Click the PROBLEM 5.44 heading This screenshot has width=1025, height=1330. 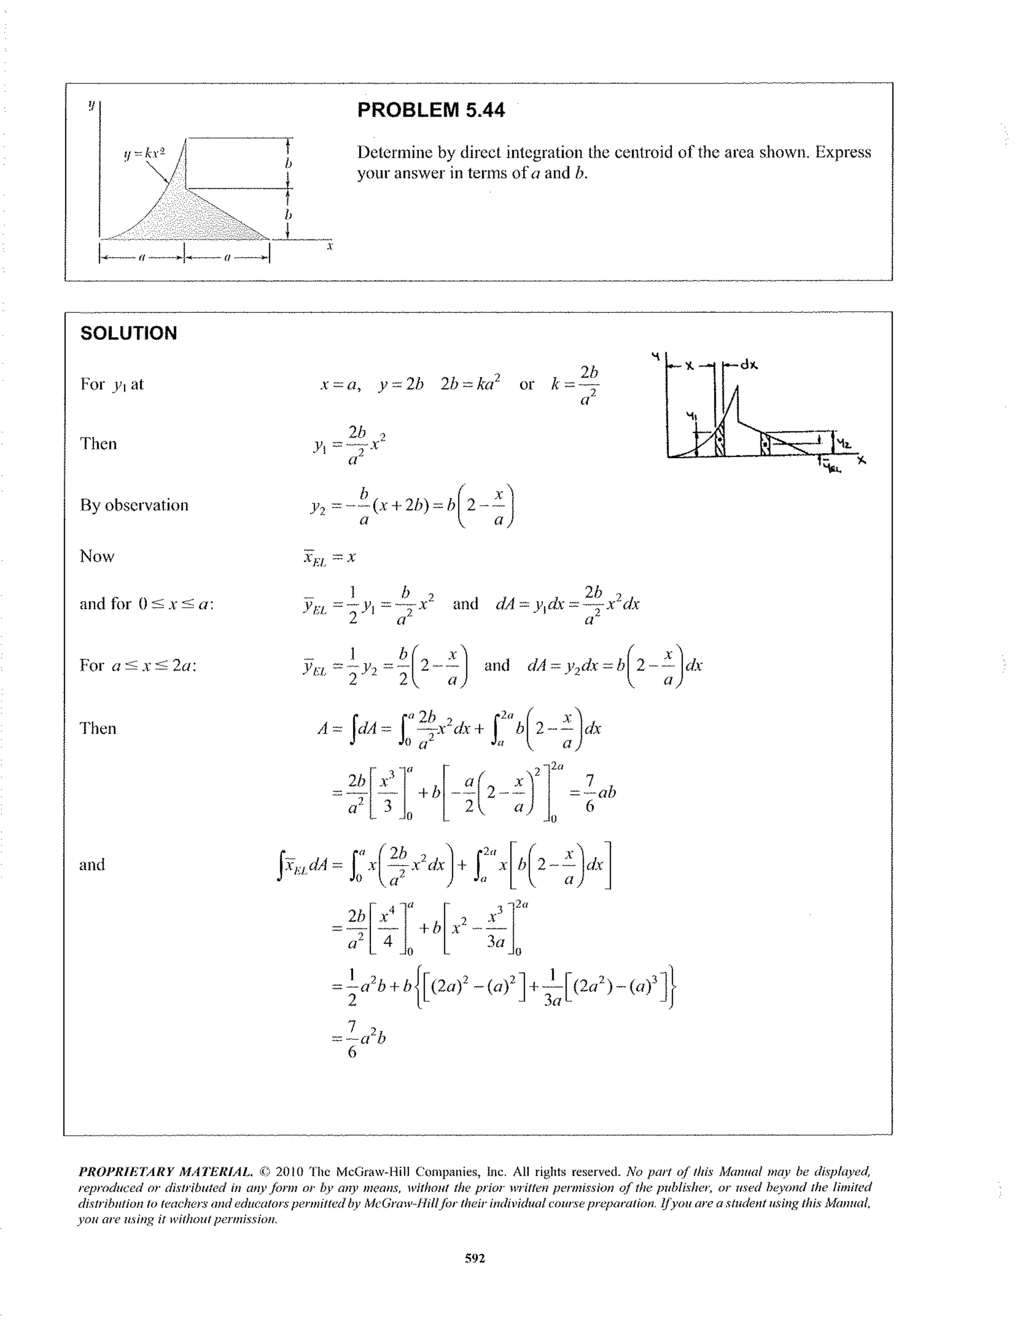click(430, 110)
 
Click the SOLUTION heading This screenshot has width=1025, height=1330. click(129, 333)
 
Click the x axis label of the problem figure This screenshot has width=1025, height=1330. click(329, 247)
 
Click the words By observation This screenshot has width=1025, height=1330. click(134, 505)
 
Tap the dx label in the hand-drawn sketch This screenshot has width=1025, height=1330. click(749, 365)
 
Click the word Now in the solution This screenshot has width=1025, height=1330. click(97, 556)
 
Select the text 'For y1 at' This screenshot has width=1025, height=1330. click(112, 384)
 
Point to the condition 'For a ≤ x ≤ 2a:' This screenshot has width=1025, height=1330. click(138, 665)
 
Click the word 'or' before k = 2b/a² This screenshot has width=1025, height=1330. click(526, 384)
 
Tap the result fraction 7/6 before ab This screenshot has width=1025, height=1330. click(589, 792)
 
